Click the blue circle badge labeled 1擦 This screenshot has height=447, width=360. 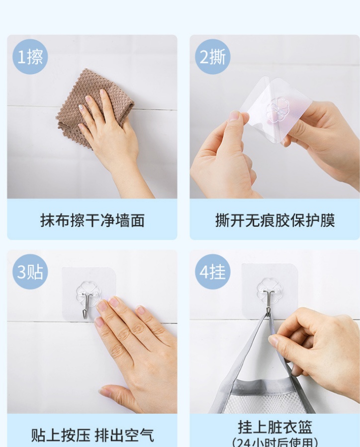30,57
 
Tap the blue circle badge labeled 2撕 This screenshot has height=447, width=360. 213,57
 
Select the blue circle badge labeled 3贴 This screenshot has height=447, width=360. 30,271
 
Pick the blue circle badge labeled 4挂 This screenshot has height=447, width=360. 213,271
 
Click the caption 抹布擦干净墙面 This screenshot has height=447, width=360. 92,220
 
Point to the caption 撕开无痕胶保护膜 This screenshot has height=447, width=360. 275,220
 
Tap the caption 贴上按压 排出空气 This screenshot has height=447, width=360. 92,435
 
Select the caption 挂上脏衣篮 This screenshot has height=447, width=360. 275,427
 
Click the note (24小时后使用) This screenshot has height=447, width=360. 275,442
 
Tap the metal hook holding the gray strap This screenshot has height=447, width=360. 268,303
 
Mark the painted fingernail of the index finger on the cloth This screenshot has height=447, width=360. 81,107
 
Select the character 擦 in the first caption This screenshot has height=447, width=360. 78,220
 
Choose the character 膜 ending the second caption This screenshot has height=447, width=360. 328,220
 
